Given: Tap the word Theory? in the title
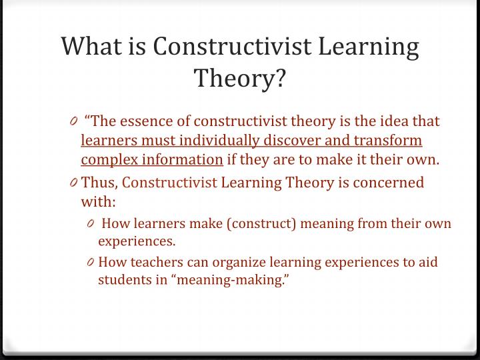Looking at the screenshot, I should click(x=240, y=79).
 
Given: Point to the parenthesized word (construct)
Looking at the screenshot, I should click(x=260, y=223).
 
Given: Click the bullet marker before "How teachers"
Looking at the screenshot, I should click(x=91, y=262).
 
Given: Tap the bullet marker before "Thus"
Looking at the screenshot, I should click(x=74, y=183).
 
